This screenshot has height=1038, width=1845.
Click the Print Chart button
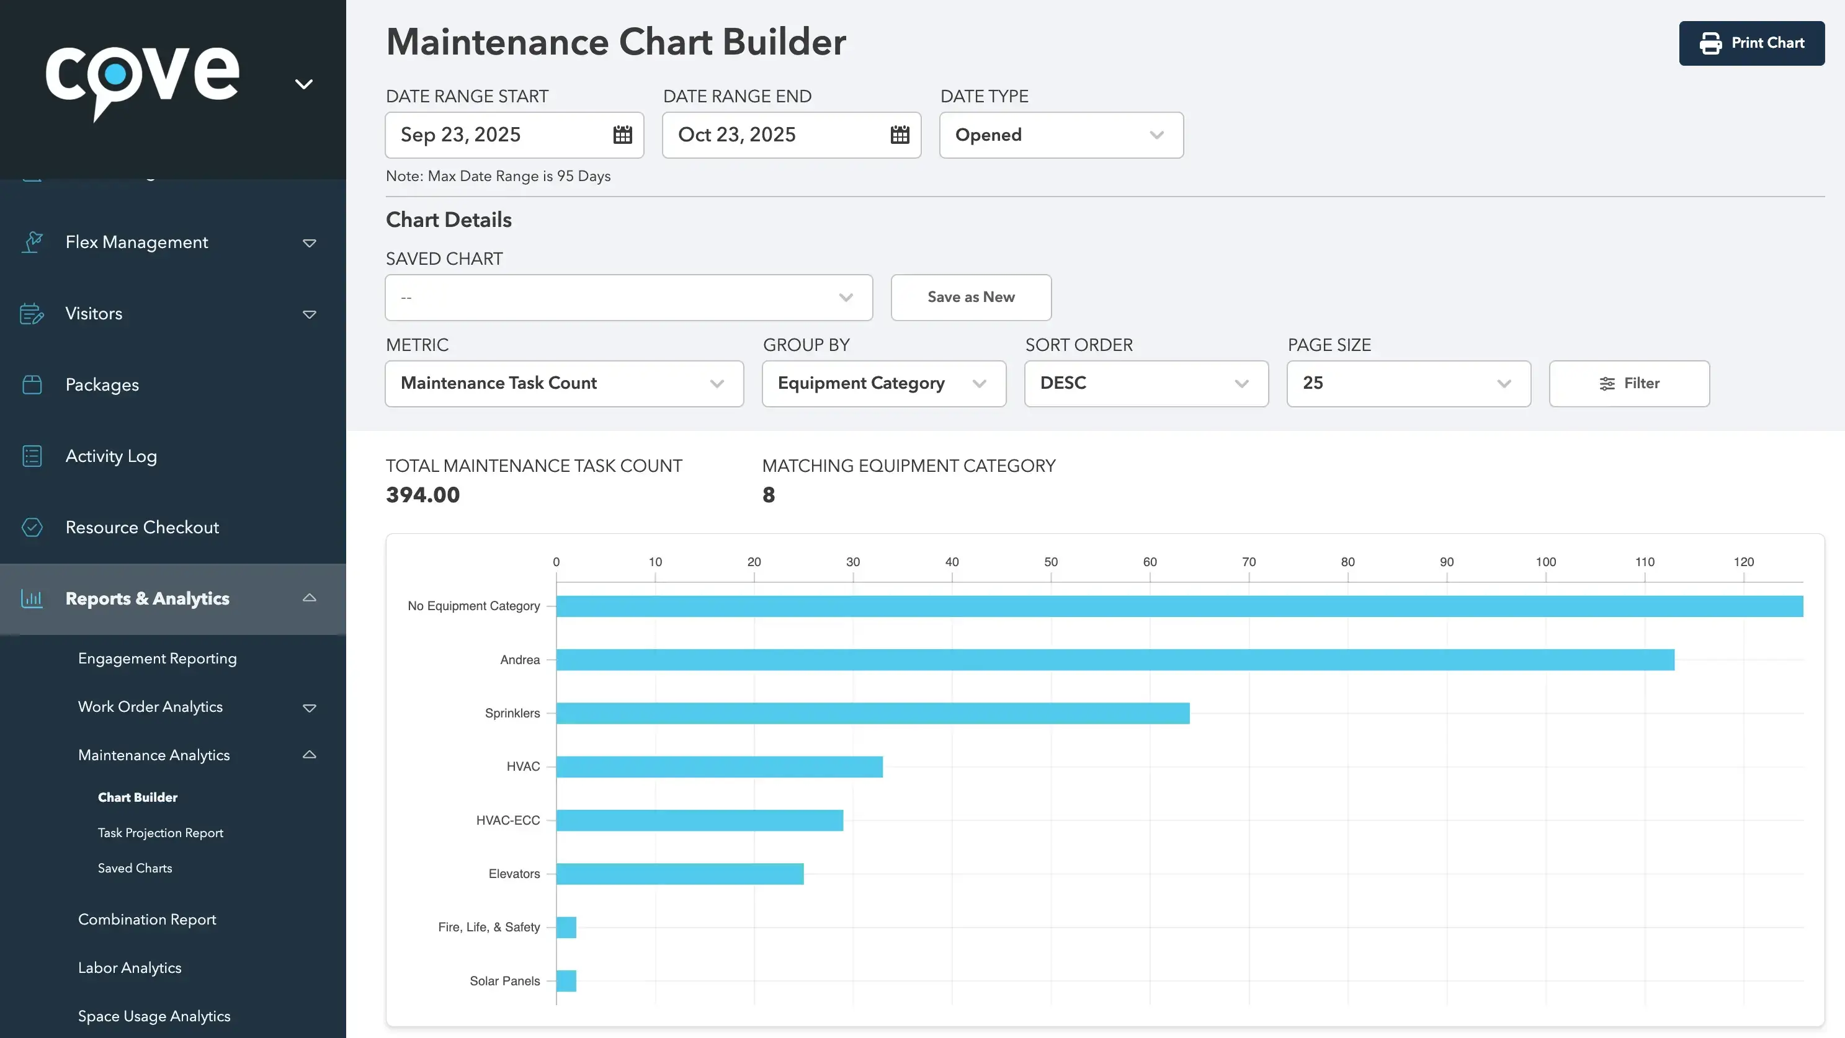click(1751, 43)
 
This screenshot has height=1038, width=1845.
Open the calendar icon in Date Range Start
click(622, 135)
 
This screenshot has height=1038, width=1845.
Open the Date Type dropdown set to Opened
click(1061, 135)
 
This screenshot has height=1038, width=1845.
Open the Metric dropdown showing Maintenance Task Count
click(564, 383)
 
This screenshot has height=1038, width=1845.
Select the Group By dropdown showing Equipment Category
click(883, 383)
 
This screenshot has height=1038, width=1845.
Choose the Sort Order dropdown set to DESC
click(1145, 383)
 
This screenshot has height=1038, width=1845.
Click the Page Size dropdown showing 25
click(1408, 383)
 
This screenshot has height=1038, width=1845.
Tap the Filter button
click(1628, 383)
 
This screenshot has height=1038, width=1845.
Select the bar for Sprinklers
click(872, 713)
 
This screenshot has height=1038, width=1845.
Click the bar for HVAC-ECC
click(699, 820)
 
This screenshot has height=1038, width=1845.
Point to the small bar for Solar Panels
click(566, 981)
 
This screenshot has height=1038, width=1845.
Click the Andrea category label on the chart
click(519, 660)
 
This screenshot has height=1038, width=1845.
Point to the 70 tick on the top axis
click(1248, 562)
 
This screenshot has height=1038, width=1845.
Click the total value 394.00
click(422, 495)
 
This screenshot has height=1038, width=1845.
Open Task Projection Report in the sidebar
click(161, 833)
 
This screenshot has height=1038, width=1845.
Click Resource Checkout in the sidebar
click(142, 528)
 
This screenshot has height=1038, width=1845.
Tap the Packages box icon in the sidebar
click(32, 384)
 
